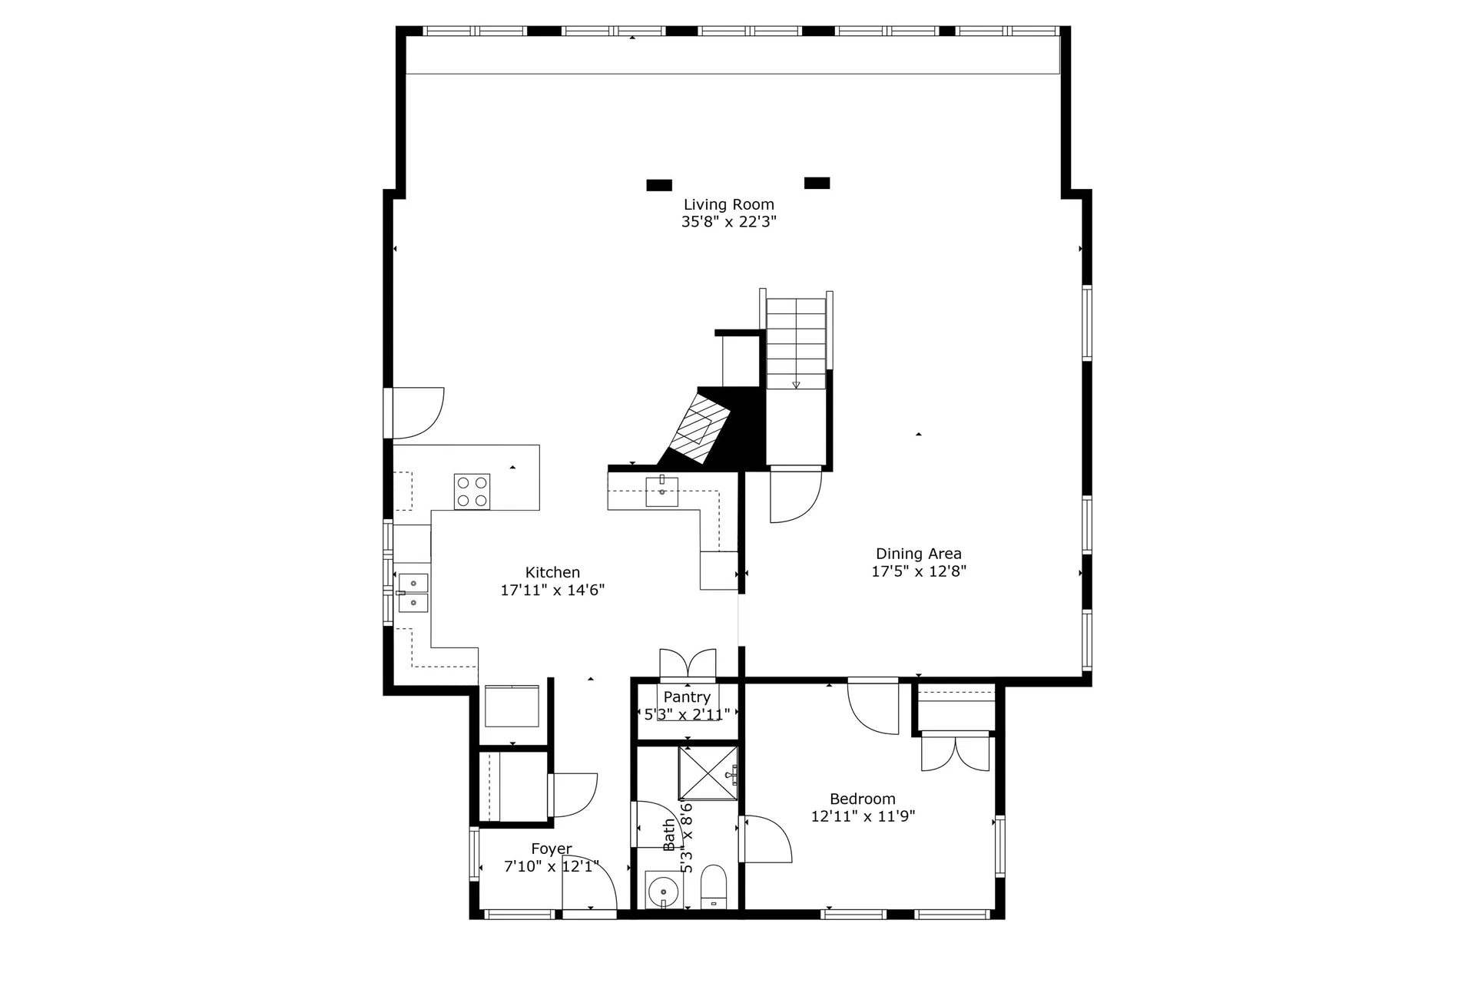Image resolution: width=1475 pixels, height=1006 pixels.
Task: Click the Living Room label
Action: click(728, 204)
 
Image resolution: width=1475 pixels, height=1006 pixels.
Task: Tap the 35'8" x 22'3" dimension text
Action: click(728, 222)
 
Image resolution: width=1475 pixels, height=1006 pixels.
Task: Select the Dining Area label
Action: click(918, 554)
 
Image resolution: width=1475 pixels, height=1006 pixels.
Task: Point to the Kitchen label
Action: click(552, 572)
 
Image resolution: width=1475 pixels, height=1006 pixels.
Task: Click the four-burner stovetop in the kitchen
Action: click(472, 491)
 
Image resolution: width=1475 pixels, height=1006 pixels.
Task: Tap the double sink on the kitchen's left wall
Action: click(413, 593)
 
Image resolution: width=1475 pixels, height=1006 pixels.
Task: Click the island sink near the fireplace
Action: click(661, 491)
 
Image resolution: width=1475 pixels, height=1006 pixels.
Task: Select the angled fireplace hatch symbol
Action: click(699, 428)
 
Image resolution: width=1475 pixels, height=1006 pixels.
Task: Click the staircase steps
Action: click(796, 343)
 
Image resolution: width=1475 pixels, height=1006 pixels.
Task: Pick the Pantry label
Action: click(686, 697)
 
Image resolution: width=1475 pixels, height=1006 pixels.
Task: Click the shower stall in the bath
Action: click(708, 773)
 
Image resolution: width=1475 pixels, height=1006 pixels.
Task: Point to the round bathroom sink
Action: click(659, 892)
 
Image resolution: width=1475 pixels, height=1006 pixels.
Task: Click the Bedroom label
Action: click(862, 799)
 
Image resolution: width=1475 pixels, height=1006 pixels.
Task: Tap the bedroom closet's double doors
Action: click(955, 753)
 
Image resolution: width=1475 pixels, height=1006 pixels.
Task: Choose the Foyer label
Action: click(551, 849)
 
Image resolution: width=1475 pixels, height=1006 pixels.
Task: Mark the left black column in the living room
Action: click(659, 185)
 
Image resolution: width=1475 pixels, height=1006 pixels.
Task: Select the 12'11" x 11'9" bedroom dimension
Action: click(862, 816)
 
